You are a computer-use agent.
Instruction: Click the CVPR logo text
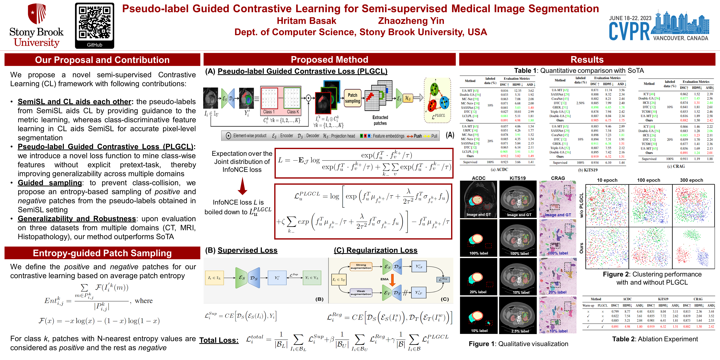[629, 31]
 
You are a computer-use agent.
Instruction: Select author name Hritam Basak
[306, 21]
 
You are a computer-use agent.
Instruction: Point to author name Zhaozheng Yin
[411, 21]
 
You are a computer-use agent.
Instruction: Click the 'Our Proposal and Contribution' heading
[102, 60]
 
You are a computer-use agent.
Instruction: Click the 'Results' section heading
[587, 60]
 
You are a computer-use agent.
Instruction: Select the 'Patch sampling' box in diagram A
[352, 98]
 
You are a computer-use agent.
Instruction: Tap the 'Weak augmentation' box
[361, 292]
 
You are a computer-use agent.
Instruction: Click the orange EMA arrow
[392, 280]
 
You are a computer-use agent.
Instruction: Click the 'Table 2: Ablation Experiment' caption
[655, 339]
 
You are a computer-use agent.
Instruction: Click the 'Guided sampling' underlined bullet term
[50, 183]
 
